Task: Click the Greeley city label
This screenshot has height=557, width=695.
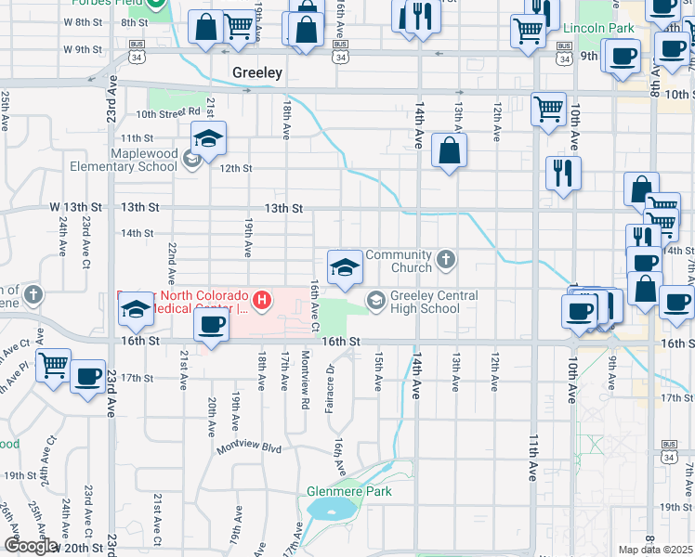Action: (257, 72)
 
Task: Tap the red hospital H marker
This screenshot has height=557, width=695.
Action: (263, 299)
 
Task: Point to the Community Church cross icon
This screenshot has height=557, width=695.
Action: (447, 259)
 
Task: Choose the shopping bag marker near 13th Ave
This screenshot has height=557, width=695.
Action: (449, 151)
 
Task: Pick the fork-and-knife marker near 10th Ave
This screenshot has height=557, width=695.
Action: (563, 173)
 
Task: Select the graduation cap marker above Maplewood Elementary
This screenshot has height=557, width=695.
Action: (208, 139)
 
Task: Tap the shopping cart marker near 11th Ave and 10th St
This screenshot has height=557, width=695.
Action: (548, 108)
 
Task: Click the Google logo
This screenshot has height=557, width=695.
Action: (29, 546)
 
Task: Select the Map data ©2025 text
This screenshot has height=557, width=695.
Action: (655, 550)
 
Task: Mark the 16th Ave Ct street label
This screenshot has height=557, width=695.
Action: (315, 305)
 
